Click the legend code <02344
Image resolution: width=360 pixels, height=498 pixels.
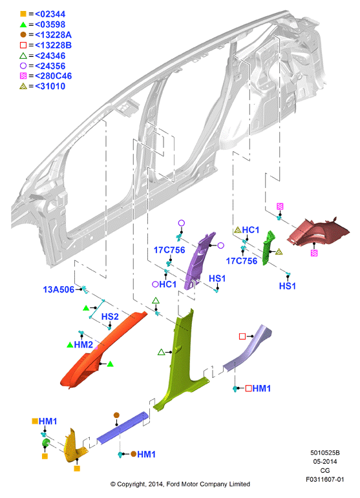point(50,14)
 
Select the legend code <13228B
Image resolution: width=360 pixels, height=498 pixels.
point(53,45)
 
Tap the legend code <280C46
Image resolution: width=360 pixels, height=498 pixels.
point(54,76)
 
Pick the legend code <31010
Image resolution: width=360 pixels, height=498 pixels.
point(50,86)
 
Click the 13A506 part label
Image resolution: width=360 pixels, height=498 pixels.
point(58,289)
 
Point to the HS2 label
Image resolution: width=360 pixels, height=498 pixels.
point(110,316)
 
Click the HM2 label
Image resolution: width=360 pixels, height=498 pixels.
point(83,345)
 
